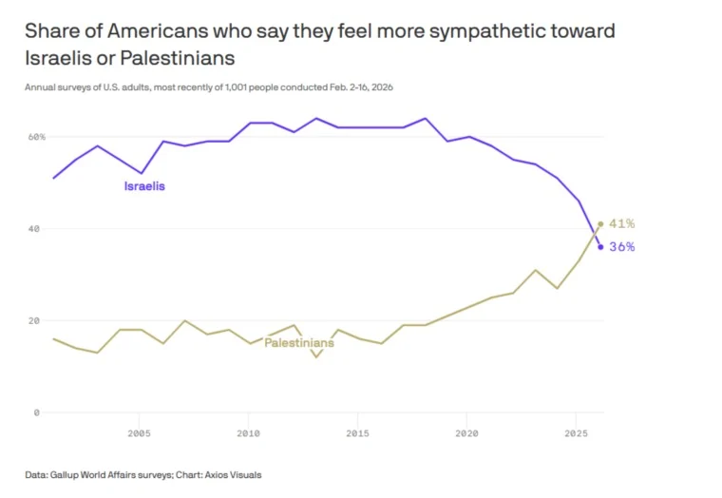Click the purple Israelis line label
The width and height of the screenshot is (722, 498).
coord(144,186)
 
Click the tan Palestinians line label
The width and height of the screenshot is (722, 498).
coord(298,342)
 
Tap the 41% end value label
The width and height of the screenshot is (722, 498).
coord(621,223)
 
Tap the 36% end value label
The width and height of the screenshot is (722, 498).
coord(621,247)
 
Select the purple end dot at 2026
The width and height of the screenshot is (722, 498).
coord(600,247)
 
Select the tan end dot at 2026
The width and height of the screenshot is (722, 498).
coord(600,224)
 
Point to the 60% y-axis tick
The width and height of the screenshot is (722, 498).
coord(35,137)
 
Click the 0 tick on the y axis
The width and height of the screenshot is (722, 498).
coord(37,412)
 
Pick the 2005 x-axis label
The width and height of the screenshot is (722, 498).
coord(139,434)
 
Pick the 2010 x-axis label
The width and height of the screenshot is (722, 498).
coord(248,434)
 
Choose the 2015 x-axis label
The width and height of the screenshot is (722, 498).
coord(357,434)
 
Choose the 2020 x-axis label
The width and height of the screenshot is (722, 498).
coord(466,434)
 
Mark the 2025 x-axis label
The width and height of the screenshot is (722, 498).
coord(576,434)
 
